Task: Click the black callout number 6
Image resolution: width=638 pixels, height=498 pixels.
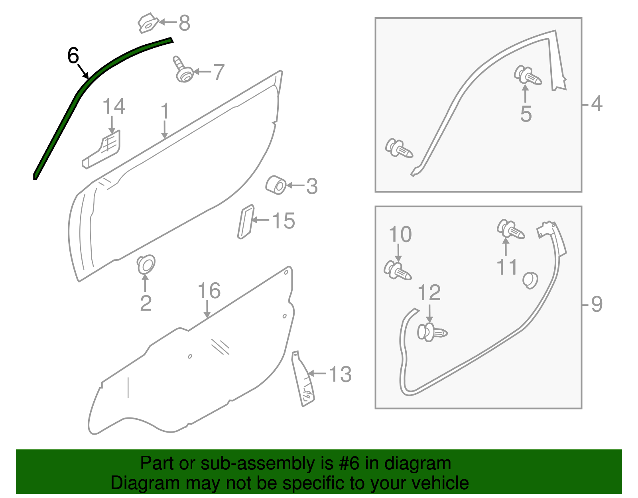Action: click(73, 55)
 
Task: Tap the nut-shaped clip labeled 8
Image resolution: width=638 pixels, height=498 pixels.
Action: click(147, 24)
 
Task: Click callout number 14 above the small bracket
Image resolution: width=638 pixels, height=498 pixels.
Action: click(114, 107)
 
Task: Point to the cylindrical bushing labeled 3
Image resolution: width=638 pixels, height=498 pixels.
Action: click(276, 185)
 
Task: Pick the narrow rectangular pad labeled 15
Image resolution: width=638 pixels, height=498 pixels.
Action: click(245, 222)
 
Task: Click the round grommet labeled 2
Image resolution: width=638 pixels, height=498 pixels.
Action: click(146, 264)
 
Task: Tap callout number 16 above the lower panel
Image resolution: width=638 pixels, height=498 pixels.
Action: click(209, 291)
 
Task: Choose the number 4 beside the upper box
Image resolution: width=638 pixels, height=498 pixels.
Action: click(596, 104)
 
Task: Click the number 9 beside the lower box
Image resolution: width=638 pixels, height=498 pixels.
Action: click(596, 305)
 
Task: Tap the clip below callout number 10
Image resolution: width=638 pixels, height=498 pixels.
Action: click(397, 271)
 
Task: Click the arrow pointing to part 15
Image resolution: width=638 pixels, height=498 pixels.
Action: click(260, 220)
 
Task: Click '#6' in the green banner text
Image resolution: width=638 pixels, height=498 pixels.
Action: click(350, 463)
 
